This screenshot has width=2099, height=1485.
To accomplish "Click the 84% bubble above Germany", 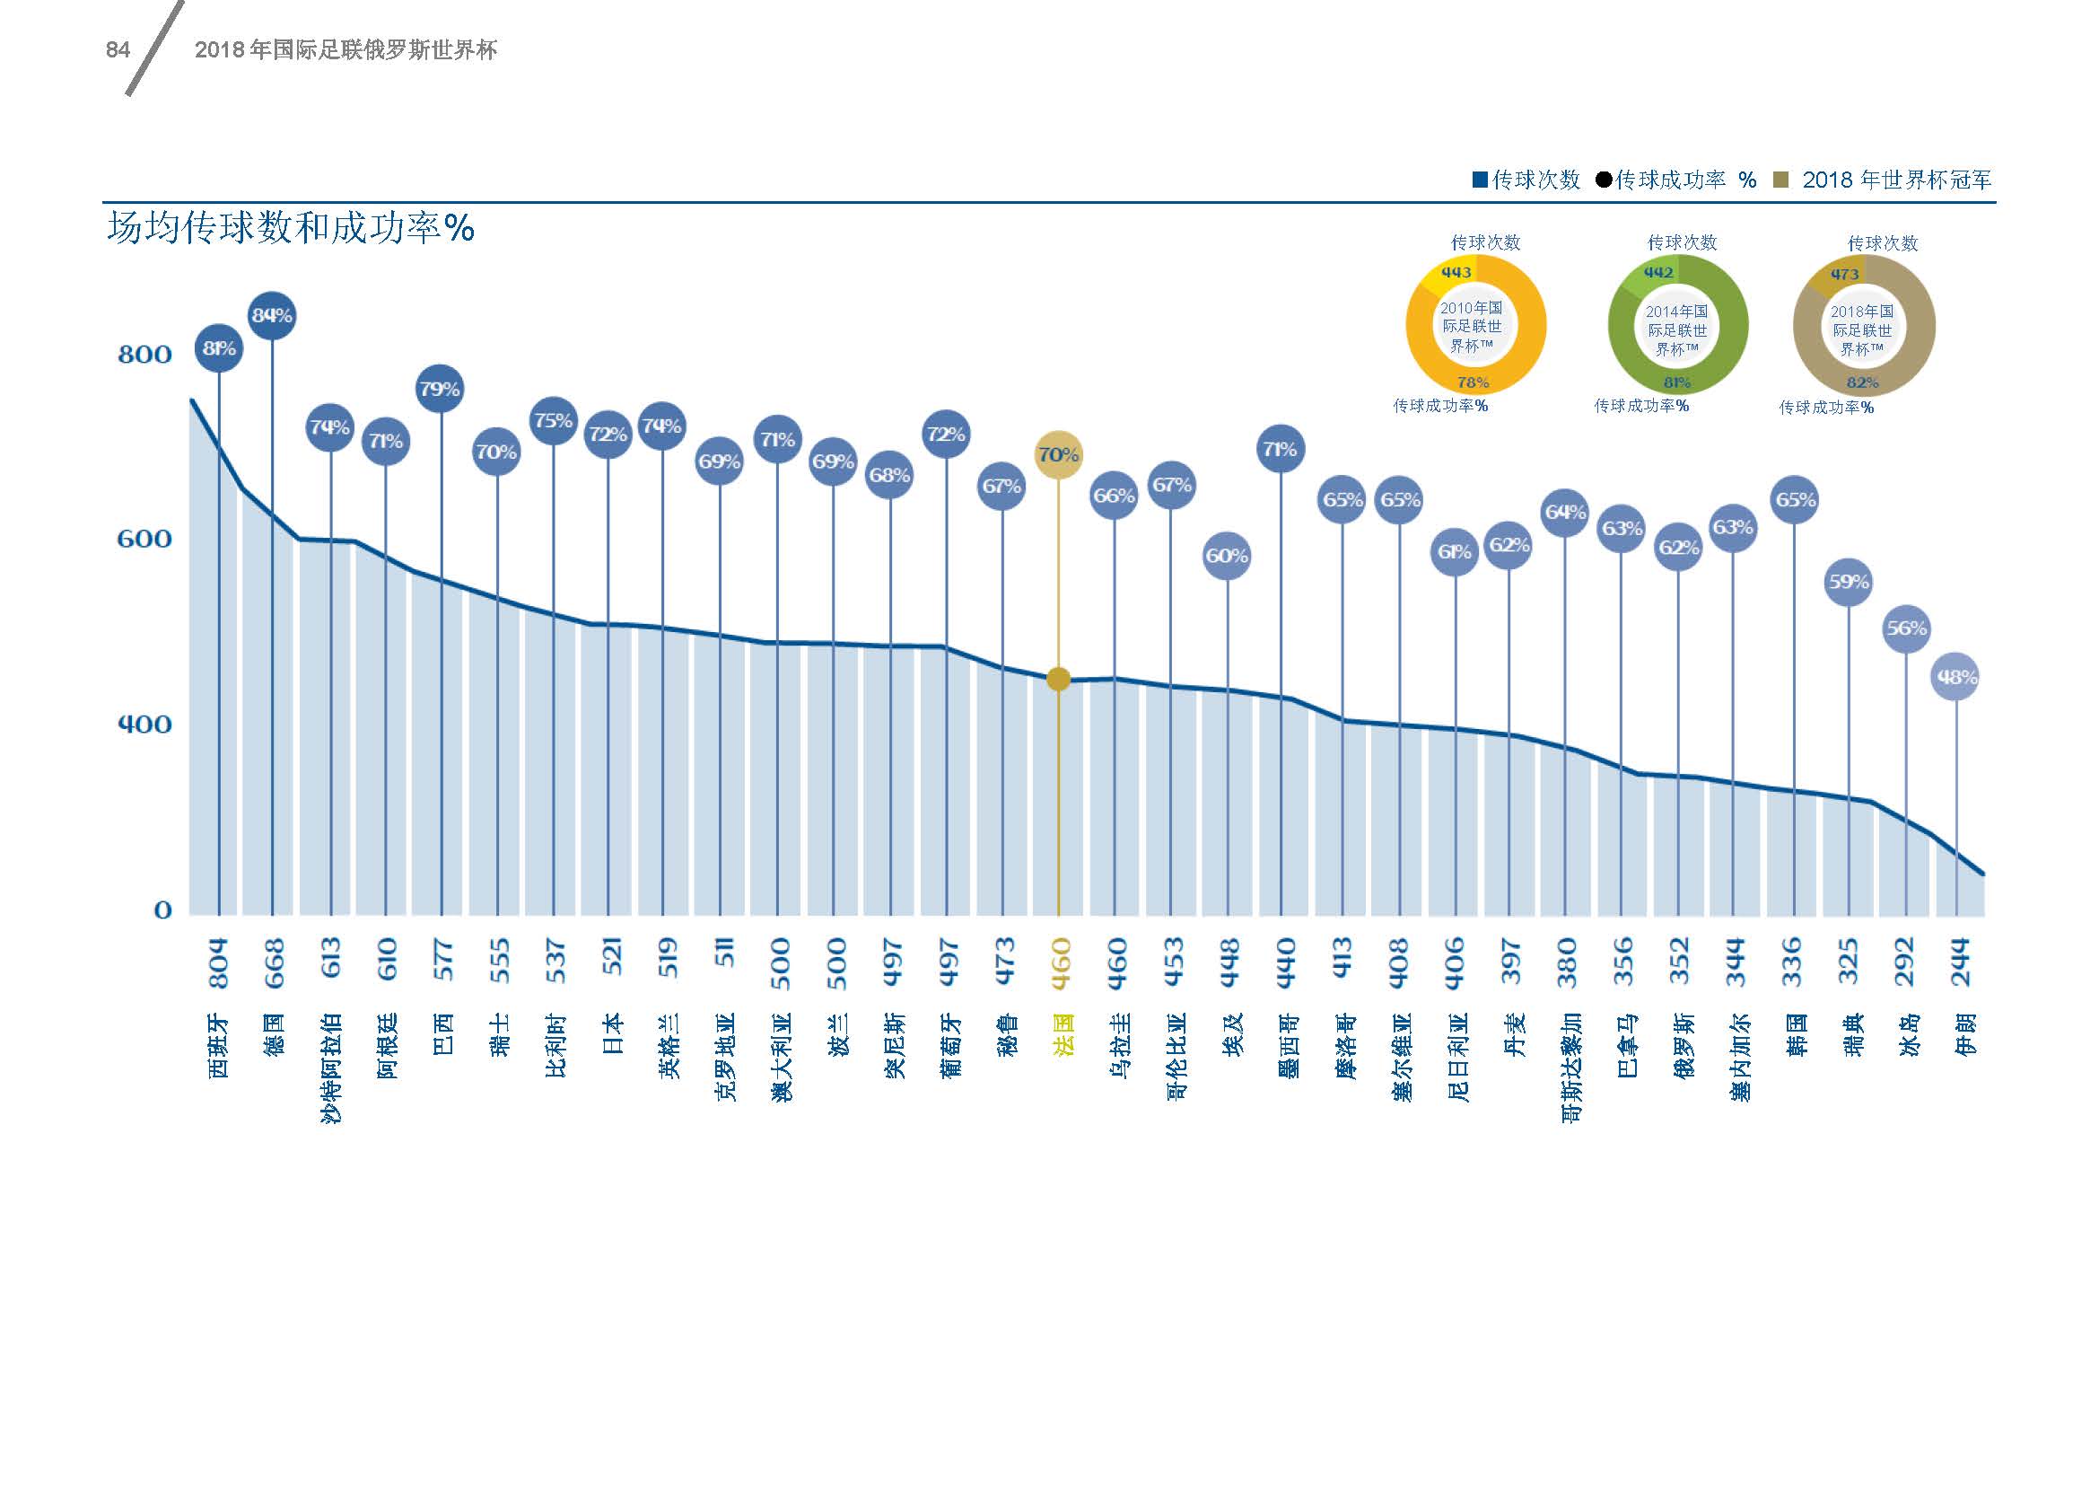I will [272, 315].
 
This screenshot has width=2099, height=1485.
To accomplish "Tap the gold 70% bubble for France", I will [1059, 454].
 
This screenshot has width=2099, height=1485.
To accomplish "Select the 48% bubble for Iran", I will [1955, 678].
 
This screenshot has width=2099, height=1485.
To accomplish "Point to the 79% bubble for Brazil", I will [440, 389].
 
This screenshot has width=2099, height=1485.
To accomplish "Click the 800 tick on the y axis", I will [144, 355].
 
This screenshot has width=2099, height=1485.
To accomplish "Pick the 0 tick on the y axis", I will [162, 910].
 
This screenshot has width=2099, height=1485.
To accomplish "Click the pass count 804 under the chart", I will [218, 962].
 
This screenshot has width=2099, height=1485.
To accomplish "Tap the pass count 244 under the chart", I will [1961, 962].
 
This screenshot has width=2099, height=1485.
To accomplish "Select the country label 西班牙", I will [218, 1045].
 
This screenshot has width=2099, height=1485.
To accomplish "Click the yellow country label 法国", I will [1062, 1035].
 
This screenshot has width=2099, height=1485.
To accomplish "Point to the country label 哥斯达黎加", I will [1568, 1068].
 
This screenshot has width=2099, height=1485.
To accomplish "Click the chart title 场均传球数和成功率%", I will [291, 228].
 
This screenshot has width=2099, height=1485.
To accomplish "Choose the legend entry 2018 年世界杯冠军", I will [1896, 180].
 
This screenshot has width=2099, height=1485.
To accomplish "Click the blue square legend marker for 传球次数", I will [1480, 180].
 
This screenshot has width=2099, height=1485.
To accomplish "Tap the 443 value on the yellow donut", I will [1456, 273].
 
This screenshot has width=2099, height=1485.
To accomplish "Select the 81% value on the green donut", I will [1676, 382].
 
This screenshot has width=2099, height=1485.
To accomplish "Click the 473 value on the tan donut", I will [1844, 275].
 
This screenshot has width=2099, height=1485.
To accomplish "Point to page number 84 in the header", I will [118, 50].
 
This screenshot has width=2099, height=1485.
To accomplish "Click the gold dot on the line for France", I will [1059, 680].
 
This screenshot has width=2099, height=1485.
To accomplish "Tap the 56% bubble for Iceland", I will [1906, 629].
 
